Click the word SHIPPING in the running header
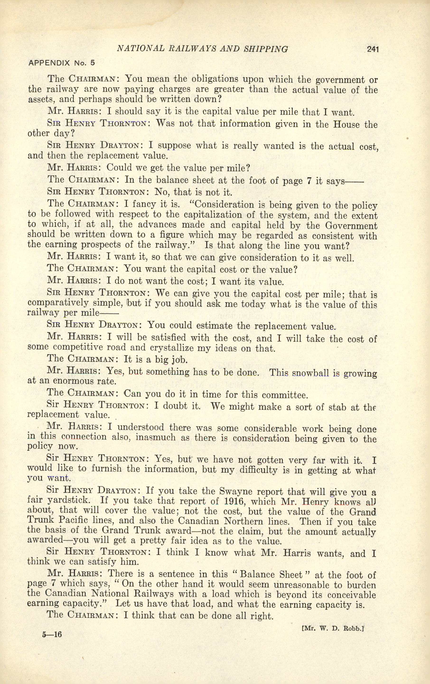[x=266, y=49]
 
